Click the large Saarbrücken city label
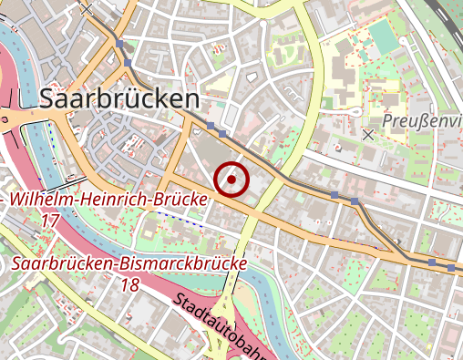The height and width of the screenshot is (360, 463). tap(119, 98)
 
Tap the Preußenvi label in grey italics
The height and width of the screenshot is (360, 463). tap(421, 120)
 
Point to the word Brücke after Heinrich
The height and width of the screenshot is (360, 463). tap(180, 200)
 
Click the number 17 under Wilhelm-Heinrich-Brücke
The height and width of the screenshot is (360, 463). tap(51, 221)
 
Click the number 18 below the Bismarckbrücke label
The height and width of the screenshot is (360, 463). tap(129, 284)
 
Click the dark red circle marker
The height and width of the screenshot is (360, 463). tap(232, 179)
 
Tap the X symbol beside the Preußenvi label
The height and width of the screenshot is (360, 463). tap(368, 134)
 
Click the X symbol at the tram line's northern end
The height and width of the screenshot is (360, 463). tap(87, 8)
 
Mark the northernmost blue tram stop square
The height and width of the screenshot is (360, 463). tap(119, 43)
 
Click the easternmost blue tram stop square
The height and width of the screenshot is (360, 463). tap(452, 266)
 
